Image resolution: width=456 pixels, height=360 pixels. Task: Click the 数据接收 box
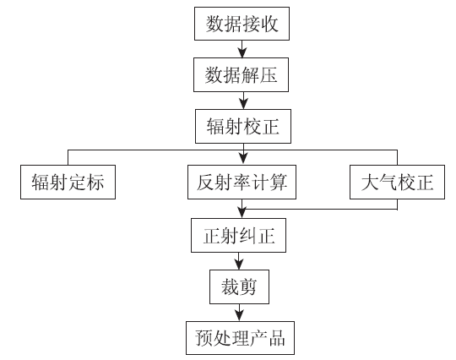[x=242, y=24]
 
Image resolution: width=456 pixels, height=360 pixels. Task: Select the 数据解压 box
[x=241, y=75]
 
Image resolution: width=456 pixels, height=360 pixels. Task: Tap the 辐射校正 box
[x=243, y=126]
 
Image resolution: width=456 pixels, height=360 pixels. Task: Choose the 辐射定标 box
[x=68, y=183]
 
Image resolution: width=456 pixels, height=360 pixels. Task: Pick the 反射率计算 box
[x=242, y=183]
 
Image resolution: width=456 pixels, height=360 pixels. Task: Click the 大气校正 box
[x=397, y=183]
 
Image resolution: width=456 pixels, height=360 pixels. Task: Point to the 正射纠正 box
[x=238, y=235]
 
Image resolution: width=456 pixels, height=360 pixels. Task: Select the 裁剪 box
[x=239, y=287]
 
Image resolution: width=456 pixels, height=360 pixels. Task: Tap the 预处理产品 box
[x=240, y=338]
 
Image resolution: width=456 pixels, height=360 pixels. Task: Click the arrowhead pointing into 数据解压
[x=242, y=53]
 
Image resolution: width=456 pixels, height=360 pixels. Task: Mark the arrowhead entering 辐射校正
[x=243, y=105]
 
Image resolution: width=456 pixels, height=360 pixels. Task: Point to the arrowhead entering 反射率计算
[x=243, y=160]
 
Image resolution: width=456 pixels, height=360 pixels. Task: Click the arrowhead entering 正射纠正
[x=242, y=213]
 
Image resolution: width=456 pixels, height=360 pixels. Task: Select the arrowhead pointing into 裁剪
[x=239, y=265]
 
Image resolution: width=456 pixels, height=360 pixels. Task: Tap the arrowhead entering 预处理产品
[x=239, y=316]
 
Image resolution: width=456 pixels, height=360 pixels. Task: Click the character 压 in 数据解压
[x=269, y=75]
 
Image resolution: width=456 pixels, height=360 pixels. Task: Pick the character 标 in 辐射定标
[x=95, y=183]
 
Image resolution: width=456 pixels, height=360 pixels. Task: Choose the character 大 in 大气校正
[x=370, y=183]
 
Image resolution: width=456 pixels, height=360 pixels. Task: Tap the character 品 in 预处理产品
[x=277, y=338]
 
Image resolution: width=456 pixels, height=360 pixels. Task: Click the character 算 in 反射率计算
[x=279, y=183]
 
